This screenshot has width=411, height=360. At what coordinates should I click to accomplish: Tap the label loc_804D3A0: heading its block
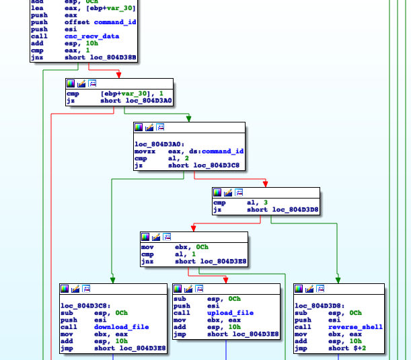tap(159, 145)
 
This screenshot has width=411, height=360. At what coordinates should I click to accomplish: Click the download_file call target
tap(122, 327)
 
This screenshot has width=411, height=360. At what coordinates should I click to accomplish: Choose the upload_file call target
tap(231, 313)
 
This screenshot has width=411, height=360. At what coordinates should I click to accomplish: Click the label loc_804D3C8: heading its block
tap(84, 306)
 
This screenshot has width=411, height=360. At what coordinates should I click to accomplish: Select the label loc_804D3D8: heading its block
tap(318, 306)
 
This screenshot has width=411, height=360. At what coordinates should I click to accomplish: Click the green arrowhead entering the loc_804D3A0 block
tap(189, 119)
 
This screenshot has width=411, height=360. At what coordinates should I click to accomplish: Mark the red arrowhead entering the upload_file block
tap(225, 279)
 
